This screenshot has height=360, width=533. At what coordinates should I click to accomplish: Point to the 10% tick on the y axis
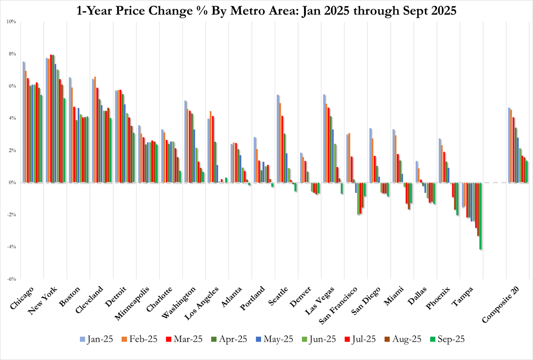coord(11,22)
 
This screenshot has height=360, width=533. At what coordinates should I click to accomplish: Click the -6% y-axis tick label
coord(11,279)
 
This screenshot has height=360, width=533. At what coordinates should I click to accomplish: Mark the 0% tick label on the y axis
coord(12,182)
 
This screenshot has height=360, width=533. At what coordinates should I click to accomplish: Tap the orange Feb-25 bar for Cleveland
coord(95,130)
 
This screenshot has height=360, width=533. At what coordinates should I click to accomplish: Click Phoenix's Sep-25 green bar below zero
coord(457,199)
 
